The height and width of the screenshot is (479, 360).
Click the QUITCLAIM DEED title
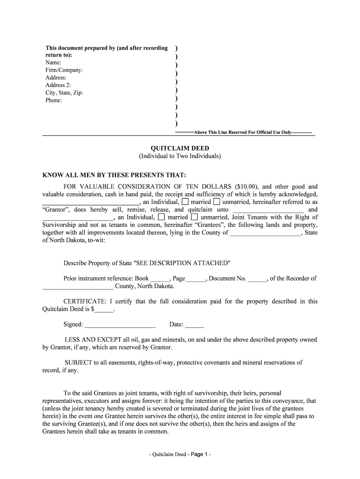click(180, 148)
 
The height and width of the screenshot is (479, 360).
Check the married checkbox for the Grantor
click(185, 202)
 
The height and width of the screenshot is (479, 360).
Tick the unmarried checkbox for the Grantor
click(217, 202)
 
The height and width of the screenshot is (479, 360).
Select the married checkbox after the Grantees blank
click(161, 217)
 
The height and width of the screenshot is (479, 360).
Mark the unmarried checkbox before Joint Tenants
click(194, 217)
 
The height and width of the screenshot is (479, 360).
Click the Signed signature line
click(120, 325)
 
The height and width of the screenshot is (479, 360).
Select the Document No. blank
click(257, 279)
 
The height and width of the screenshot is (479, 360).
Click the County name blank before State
click(266, 233)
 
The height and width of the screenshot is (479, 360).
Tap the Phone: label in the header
click(53, 100)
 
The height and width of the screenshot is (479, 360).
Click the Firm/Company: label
click(64, 70)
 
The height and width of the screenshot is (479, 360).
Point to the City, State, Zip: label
click(64, 93)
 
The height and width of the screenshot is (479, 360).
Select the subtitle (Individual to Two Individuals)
click(180, 156)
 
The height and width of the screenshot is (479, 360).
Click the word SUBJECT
click(79, 363)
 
